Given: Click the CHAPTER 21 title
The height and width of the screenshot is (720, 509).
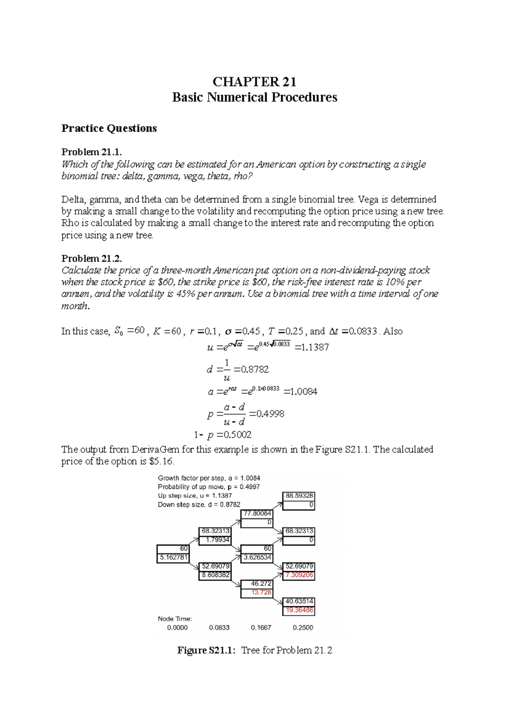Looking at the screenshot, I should pos(254,81).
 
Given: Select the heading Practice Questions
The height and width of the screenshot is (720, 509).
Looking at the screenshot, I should pos(109,128).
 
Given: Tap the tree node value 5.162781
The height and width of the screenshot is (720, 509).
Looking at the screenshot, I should pos(173,558).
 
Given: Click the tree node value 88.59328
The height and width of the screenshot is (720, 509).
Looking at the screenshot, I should pos(299,496).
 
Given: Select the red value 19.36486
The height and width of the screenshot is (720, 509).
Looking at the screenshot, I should pos(299,610).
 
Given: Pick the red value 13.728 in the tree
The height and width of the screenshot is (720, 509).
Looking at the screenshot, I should pos(261,592).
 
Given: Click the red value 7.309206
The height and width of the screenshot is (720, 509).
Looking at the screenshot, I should pos(299,575).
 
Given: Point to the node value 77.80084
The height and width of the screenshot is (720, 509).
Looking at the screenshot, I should pos(257,513).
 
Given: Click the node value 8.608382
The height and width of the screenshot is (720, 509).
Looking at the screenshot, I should pos(215,575).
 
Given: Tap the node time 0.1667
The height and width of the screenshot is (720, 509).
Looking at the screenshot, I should pos(261,628).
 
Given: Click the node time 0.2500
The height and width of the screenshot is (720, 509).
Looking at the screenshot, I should pos(303,628).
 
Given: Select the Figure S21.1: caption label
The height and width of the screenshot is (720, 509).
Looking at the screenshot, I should pos(206,650).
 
